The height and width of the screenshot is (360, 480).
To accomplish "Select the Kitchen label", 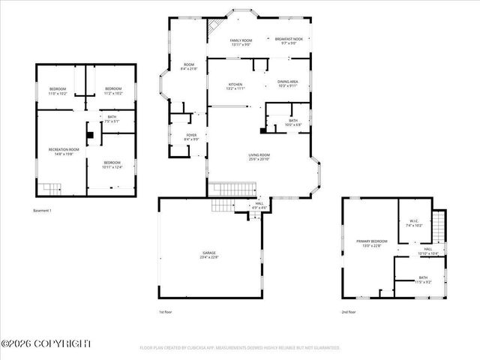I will [x=236, y=85].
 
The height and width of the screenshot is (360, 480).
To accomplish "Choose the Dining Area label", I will [x=288, y=83].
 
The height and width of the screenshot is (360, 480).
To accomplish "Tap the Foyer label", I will [x=191, y=137].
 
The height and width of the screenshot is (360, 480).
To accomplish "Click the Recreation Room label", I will [x=64, y=151].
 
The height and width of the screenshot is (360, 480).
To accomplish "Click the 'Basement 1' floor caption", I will [x=43, y=211].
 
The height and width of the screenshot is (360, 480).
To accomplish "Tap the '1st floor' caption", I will [x=166, y=311].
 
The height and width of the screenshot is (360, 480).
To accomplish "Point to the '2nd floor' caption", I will [x=349, y=311].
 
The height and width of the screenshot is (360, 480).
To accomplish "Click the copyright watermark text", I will [x=46, y=343].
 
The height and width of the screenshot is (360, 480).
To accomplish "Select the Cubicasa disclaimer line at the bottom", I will [x=240, y=348].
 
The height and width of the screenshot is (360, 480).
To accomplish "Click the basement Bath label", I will [x=112, y=118].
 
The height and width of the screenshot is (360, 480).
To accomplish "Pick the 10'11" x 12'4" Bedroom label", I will [x=112, y=165].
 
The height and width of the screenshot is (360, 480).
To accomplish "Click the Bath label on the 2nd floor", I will [x=424, y=280].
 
